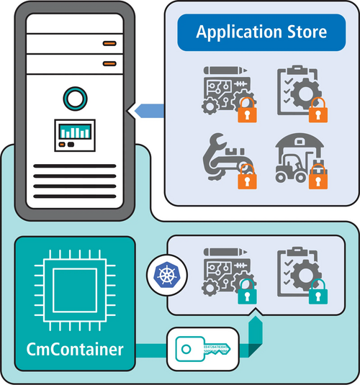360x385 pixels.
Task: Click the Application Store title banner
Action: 261,32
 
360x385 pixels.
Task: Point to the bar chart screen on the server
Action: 74,134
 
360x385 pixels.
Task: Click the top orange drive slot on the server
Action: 109,43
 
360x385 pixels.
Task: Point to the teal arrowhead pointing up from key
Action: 254,329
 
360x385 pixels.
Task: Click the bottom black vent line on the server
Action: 74,194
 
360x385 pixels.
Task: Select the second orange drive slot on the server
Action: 109,63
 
